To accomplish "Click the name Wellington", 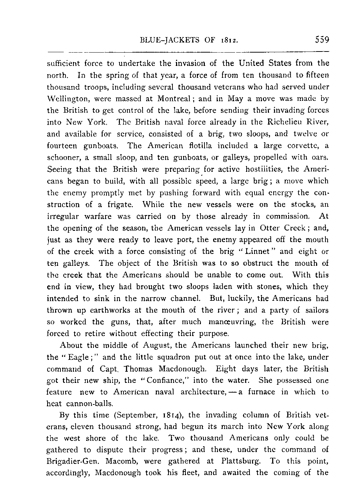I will (x=66, y=99).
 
